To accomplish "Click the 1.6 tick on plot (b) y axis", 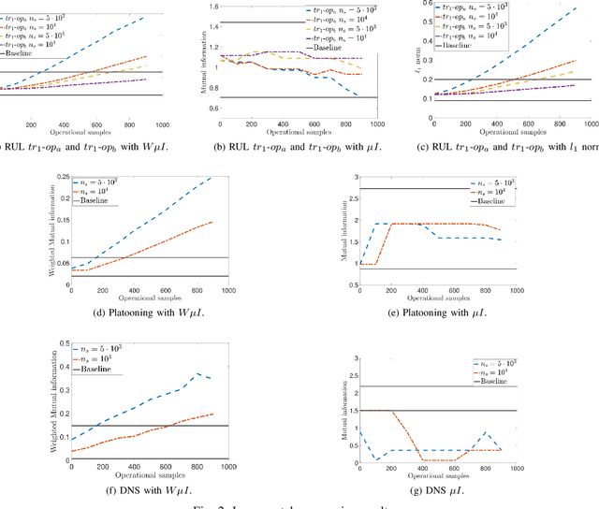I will (212, 6).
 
